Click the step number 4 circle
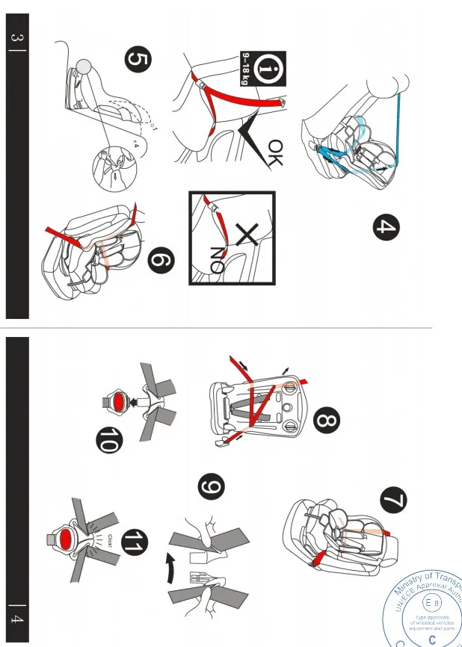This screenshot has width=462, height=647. (x=385, y=228)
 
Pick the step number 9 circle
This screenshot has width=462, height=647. (x=212, y=487)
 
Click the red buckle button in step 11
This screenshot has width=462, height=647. (x=65, y=538)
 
